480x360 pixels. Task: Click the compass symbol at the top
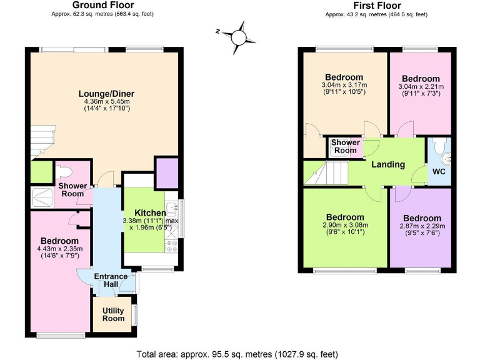(x=238, y=37)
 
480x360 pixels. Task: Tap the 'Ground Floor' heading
(x=103, y=5)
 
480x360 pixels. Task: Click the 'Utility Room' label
(x=113, y=314)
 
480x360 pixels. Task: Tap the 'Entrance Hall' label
(x=111, y=281)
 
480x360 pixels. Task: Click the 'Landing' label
(x=388, y=165)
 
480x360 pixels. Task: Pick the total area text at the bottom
(x=237, y=354)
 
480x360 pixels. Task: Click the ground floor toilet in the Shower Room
(x=65, y=171)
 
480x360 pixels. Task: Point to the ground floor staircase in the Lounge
(x=39, y=141)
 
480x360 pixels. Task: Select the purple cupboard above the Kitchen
(x=167, y=173)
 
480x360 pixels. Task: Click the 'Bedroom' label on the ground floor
(x=59, y=241)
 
